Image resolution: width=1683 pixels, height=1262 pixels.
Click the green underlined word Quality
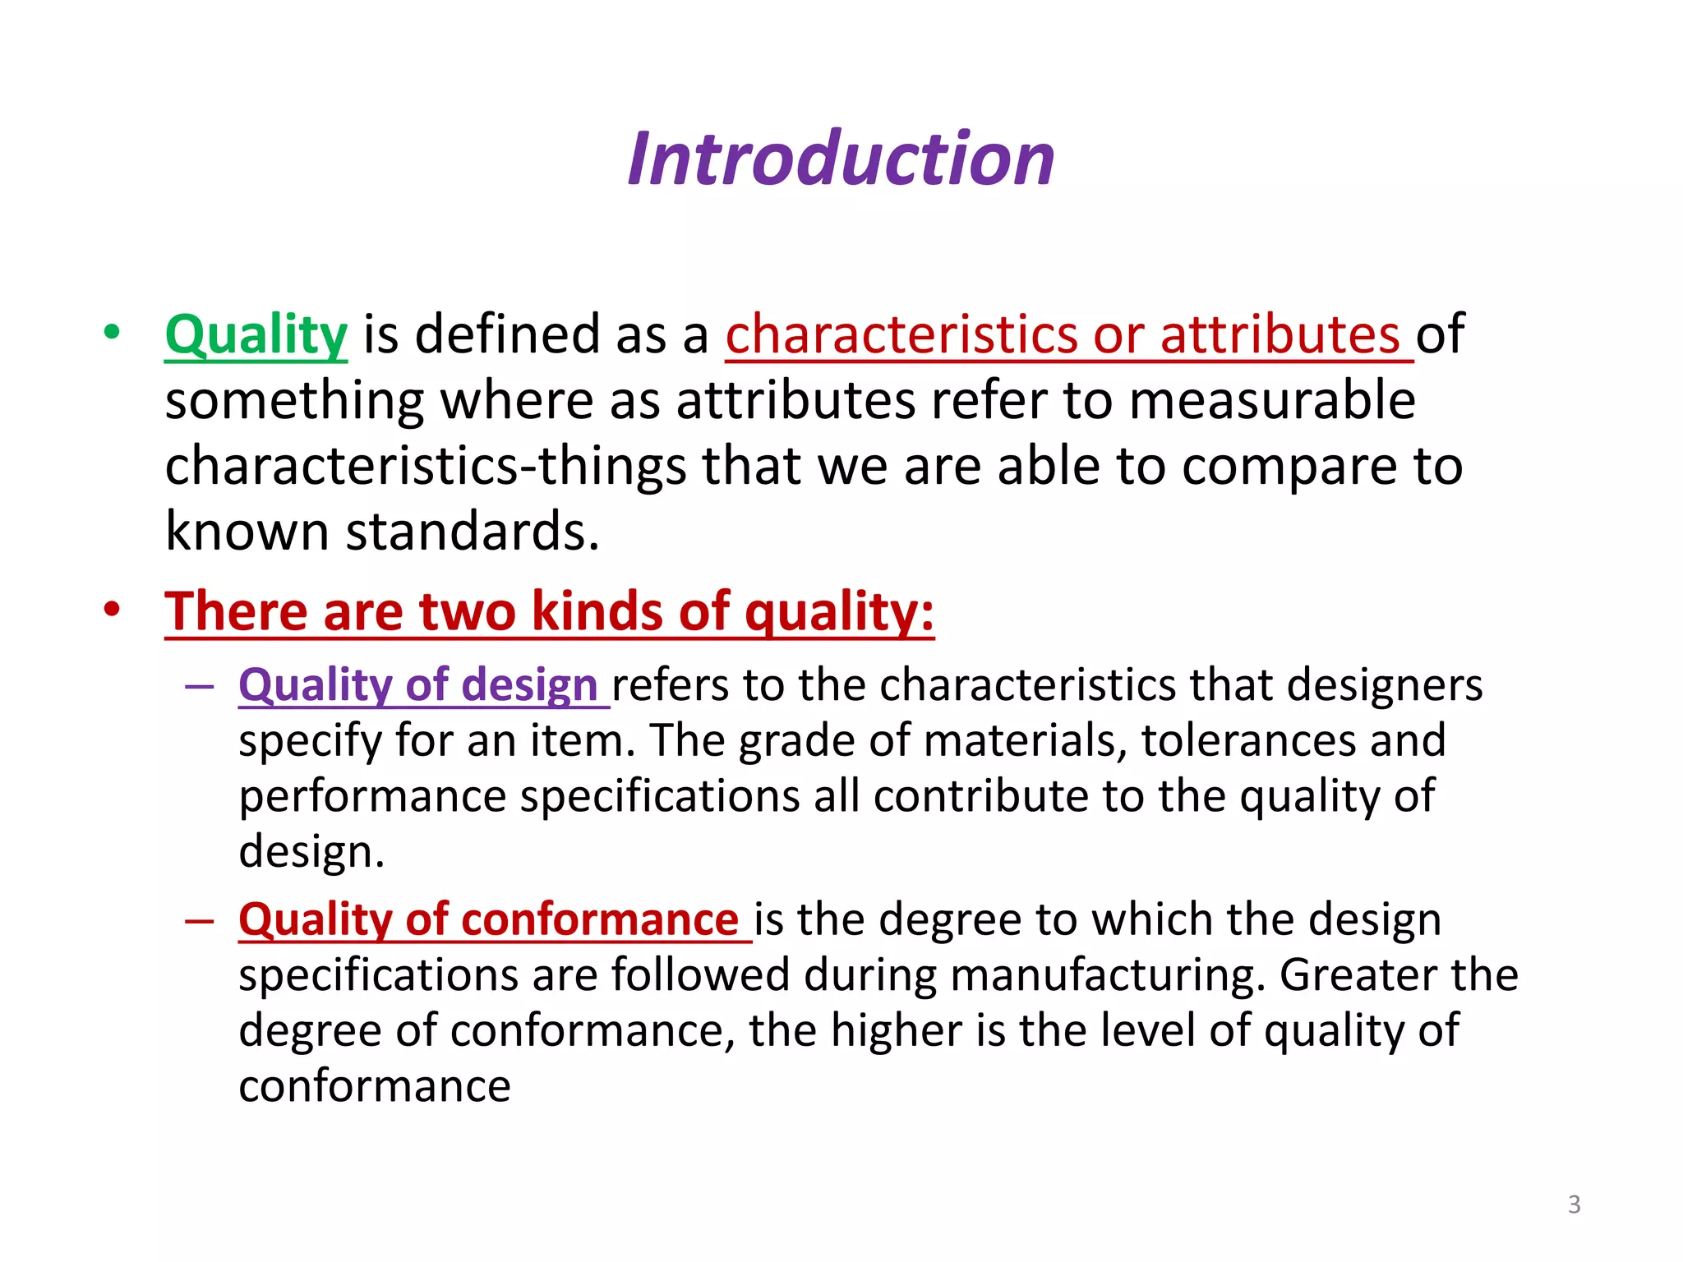[256, 335]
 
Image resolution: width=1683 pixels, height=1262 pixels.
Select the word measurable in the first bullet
[1271, 401]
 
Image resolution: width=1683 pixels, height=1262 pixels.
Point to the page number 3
[1574, 1204]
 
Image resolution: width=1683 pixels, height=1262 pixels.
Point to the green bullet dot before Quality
[113, 333]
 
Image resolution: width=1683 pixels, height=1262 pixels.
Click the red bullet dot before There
[113, 610]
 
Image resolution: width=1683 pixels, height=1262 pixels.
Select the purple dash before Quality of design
[200, 685]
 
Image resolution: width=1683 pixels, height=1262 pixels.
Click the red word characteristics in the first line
[901, 335]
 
